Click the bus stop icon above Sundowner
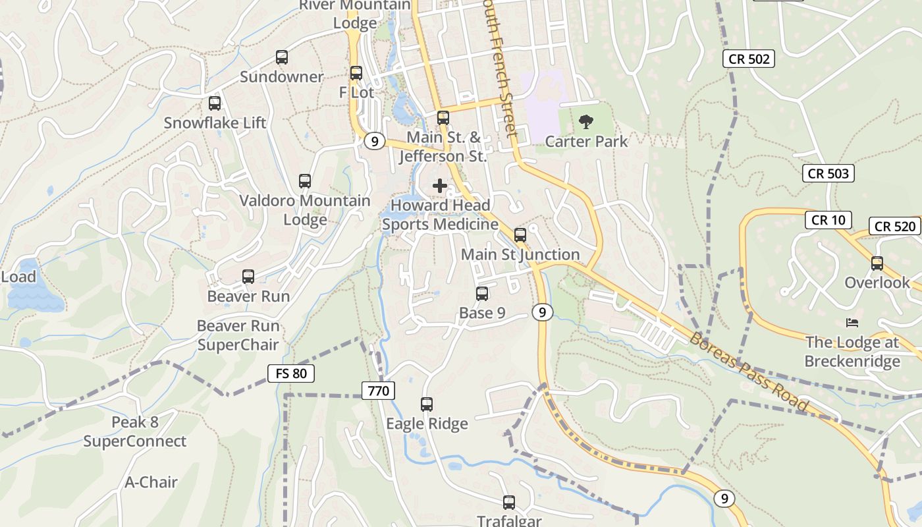point(282,57)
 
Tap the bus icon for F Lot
point(356,73)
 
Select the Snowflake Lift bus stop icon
point(215,103)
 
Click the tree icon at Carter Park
point(585,122)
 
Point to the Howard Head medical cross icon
point(440,186)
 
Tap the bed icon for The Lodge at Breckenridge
point(852,323)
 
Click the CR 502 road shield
point(749,59)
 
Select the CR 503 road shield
point(828,173)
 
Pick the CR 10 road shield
point(828,220)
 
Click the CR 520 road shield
point(896,227)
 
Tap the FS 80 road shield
point(291,374)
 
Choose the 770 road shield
point(379,391)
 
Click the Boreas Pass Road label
point(749,372)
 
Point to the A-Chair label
point(151,482)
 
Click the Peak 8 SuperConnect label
point(135,431)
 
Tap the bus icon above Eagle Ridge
point(427,404)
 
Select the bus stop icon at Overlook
point(877,263)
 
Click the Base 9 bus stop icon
point(482,294)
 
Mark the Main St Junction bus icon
point(520,235)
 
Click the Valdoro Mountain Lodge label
point(305,209)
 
